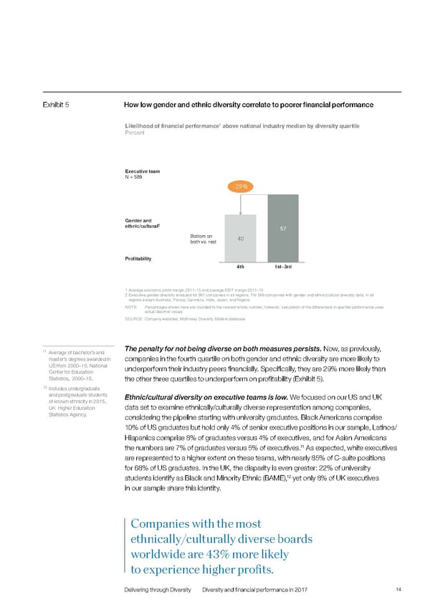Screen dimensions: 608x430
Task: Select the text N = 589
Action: click(137, 178)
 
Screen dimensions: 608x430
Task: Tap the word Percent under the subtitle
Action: click(136, 133)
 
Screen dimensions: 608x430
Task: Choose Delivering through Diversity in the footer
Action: click(157, 589)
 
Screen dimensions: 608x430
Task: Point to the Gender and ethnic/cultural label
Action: click(146, 222)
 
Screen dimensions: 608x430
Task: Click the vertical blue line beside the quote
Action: click(126, 546)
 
